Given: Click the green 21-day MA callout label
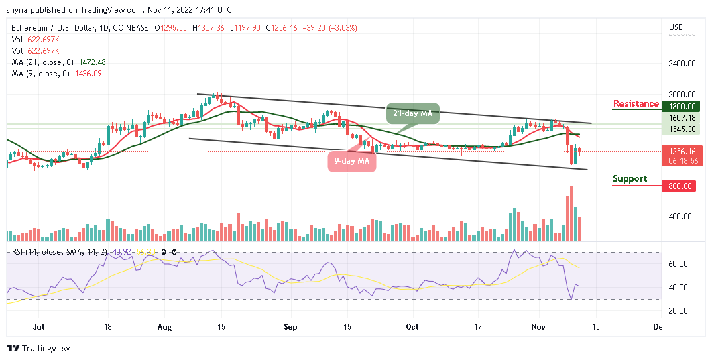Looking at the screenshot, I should (x=412, y=115).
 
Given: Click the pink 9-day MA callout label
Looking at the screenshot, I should (x=351, y=160).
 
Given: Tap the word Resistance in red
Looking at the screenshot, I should (x=636, y=104).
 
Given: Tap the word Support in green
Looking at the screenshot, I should (x=630, y=179).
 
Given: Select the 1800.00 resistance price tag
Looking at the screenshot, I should (x=681, y=106).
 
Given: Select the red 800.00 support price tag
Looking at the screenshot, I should (x=681, y=187).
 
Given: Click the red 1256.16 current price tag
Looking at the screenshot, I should (x=681, y=152).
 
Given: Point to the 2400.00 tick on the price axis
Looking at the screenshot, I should (x=681, y=64).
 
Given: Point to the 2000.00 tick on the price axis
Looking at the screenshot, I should (x=681, y=95).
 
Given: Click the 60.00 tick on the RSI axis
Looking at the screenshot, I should (x=678, y=264).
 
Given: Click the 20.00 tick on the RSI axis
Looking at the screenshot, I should (x=678, y=310).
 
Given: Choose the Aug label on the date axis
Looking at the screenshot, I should (x=165, y=327).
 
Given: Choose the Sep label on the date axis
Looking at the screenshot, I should (x=289, y=327).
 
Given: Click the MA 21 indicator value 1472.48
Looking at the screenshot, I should (x=93, y=62).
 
